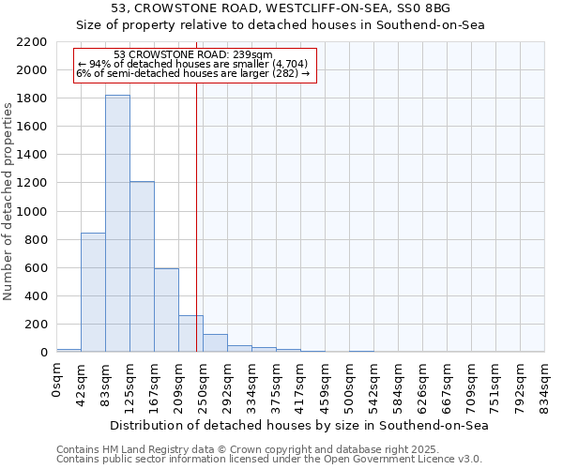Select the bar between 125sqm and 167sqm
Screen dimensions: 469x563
142,266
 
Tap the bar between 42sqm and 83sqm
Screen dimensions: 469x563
93,292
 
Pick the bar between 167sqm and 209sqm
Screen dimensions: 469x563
166,310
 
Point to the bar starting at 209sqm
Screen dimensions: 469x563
190,333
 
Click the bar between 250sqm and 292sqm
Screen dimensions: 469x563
215,342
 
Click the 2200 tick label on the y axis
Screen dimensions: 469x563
32,42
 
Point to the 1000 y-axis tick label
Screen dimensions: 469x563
32,212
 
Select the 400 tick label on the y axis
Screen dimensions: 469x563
36,296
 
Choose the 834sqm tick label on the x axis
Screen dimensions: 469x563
545,385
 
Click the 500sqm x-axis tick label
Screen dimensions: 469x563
350,385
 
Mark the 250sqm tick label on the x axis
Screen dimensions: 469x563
204,385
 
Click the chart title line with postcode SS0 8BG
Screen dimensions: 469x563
300,8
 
